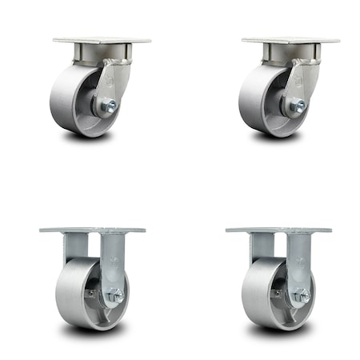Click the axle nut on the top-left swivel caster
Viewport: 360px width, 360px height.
click(x=110, y=105)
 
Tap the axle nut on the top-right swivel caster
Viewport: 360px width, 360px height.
click(x=298, y=105)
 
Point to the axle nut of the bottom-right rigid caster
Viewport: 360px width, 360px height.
click(x=300, y=297)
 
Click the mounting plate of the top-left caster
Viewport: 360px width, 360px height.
click(x=102, y=40)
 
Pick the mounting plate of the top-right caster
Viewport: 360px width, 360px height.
click(x=290, y=40)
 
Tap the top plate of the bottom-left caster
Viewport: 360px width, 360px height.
click(x=92, y=230)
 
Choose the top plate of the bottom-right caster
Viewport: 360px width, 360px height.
click(x=278, y=230)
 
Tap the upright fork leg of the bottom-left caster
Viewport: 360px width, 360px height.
click(x=111, y=256)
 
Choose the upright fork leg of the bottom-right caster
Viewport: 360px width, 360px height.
click(x=298, y=256)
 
